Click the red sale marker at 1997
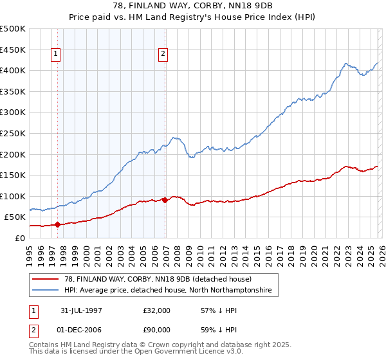point(58,224)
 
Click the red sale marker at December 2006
point(165,200)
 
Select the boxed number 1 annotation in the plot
point(57,55)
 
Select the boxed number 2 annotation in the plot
point(163,55)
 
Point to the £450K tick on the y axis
point(13,50)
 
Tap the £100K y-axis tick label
point(13,196)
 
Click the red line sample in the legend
point(46,279)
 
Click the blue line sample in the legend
point(46,291)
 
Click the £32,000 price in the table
point(156,310)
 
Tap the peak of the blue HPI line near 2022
point(346,63)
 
